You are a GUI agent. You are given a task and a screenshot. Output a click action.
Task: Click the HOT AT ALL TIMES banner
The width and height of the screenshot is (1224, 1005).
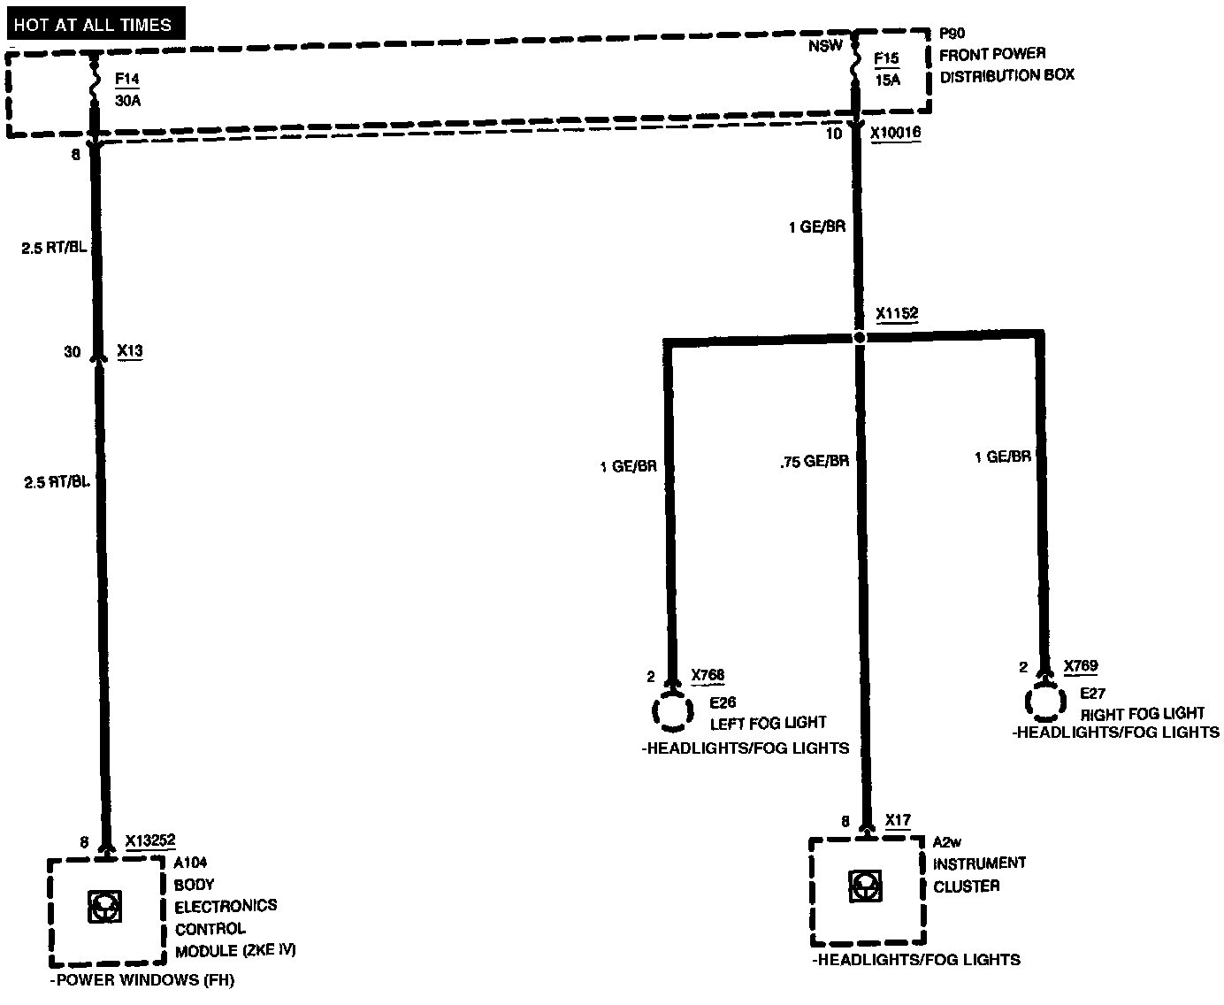(x=93, y=25)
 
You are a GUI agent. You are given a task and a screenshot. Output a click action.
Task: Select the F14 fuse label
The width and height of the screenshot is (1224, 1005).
(x=127, y=81)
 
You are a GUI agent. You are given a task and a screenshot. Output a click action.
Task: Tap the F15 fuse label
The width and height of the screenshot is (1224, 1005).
(x=886, y=59)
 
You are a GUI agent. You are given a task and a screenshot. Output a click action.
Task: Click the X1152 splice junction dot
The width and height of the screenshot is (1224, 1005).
(x=858, y=337)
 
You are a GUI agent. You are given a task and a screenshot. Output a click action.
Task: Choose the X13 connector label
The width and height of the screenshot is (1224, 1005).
(x=129, y=351)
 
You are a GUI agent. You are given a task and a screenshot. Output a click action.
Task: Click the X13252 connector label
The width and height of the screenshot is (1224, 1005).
(x=150, y=840)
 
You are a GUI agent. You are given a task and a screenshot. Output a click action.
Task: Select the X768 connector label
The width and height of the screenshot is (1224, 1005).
(x=708, y=676)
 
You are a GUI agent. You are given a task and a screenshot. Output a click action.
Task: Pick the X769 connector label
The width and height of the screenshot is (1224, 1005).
(x=1081, y=666)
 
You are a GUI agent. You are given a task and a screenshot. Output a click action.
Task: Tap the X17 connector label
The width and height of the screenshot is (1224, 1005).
(x=898, y=821)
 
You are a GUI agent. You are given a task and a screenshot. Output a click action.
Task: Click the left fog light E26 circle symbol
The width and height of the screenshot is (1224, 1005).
(x=673, y=711)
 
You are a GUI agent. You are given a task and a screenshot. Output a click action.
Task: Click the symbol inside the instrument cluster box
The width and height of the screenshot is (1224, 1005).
(x=865, y=886)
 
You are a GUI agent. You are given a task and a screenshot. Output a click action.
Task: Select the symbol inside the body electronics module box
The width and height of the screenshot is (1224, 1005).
(x=106, y=906)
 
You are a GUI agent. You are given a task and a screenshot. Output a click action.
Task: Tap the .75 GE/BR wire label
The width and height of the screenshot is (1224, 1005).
(x=815, y=461)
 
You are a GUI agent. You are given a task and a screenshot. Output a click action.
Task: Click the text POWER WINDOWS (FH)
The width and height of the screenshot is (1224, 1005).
(x=143, y=980)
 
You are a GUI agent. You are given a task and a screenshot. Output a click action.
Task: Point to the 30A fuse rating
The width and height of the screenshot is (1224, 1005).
(x=128, y=101)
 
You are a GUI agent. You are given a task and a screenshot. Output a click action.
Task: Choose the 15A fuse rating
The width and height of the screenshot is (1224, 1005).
(x=887, y=80)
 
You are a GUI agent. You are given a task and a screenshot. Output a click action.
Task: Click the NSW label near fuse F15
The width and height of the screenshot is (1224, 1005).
(x=825, y=46)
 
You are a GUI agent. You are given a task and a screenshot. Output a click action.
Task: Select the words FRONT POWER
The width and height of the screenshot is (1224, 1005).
(x=992, y=54)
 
